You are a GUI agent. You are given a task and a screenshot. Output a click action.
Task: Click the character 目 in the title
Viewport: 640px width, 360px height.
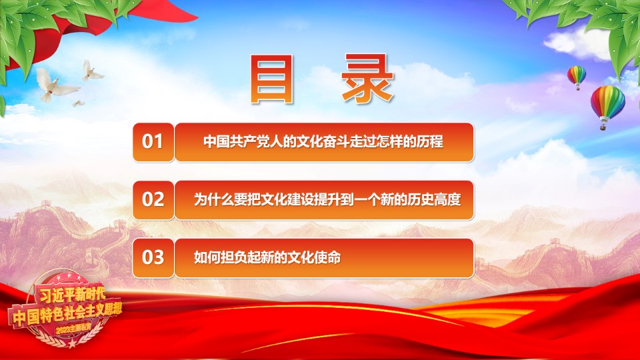point(272,79)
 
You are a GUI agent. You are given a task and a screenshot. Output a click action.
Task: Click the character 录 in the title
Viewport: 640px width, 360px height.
point(368,79)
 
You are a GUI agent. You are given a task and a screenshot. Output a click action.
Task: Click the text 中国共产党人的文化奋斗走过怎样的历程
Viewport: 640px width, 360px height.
point(323,141)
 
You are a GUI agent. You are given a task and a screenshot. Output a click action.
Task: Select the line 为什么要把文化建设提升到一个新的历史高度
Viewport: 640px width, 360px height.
point(327,199)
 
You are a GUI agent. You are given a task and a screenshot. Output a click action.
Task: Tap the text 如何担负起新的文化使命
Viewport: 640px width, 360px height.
point(267,257)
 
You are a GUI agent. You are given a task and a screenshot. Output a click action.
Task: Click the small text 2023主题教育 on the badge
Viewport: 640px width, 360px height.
point(73,328)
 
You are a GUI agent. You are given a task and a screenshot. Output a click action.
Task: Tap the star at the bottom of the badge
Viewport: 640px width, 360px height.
point(72,343)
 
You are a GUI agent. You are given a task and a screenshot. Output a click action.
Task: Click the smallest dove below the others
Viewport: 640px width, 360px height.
point(78,103)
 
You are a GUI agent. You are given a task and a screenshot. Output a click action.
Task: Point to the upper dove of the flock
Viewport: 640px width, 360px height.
point(92,71)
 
